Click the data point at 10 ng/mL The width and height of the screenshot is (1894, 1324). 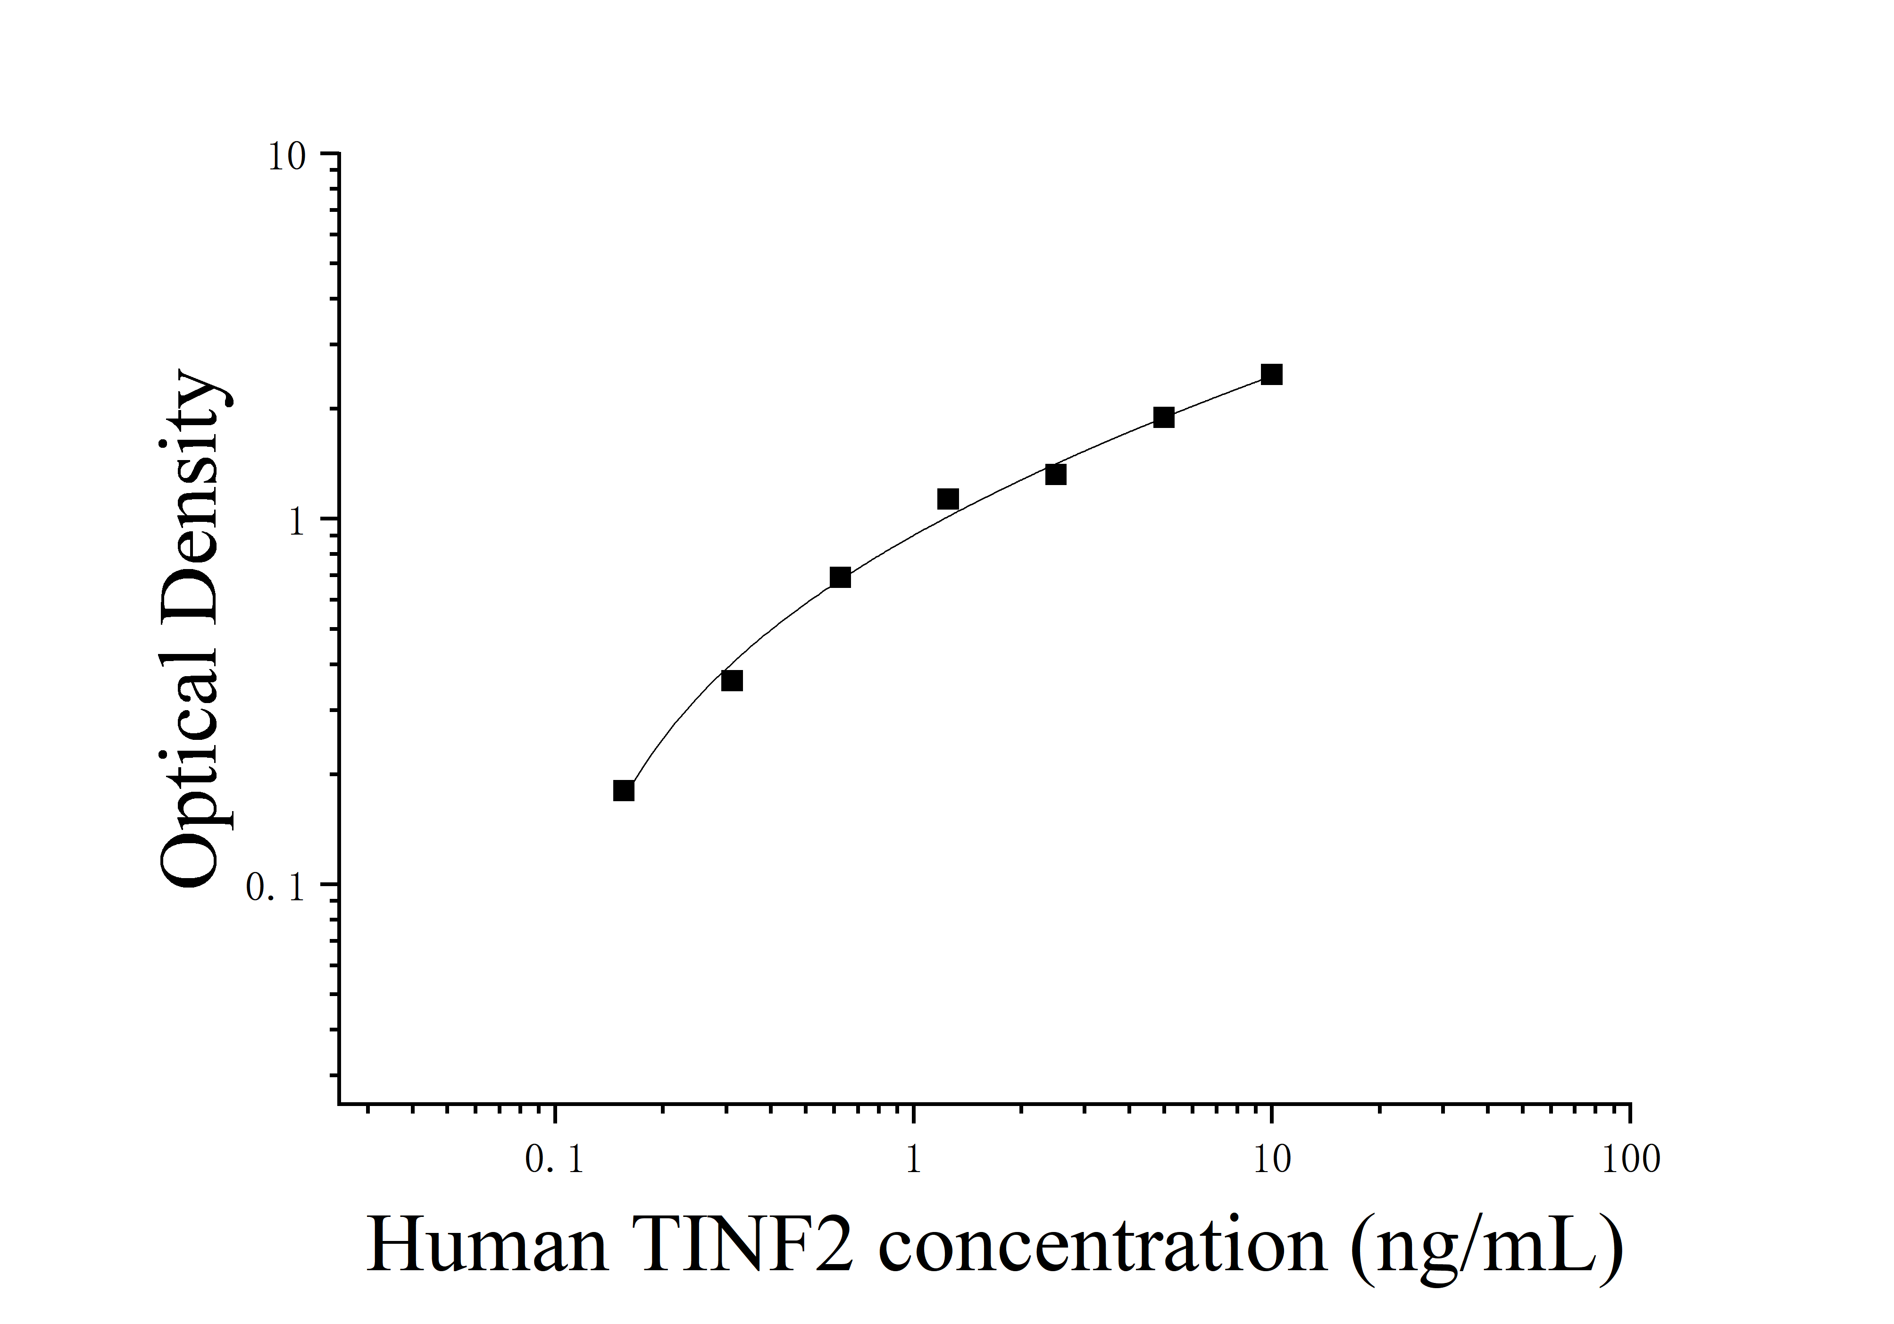[1271, 375]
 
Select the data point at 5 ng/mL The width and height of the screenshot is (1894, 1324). [1163, 418]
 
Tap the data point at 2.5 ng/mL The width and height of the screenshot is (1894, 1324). [1055, 474]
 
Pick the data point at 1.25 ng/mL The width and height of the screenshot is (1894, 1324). [948, 499]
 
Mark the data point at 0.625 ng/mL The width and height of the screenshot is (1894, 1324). [840, 578]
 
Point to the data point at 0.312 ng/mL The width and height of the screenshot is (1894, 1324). [732, 680]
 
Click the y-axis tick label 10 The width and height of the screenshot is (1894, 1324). [286, 157]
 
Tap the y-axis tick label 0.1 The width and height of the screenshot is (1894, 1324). [275, 888]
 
